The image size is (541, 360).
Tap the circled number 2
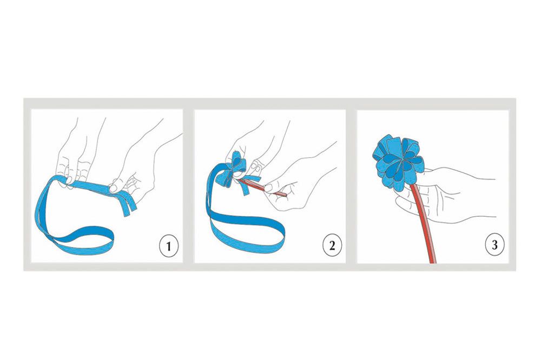332,245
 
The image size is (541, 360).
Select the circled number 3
494,245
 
